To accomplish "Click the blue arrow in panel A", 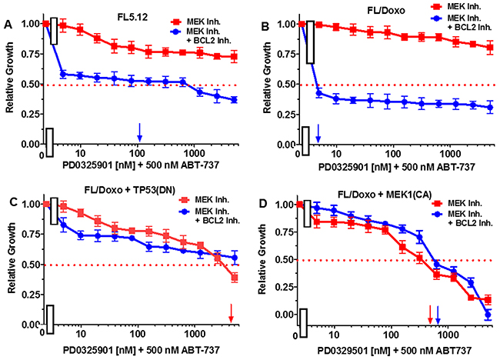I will pyautogui.click(x=139, y=131).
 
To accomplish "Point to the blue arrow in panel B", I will pyautogui.click(x=318, y=133).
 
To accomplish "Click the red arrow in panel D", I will pyautogui.click(x=430, y=313).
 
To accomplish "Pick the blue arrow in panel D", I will pyautogui.click(x=438, y=313).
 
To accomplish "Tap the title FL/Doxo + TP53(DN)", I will pyautogui.click(x=125, y=188).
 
